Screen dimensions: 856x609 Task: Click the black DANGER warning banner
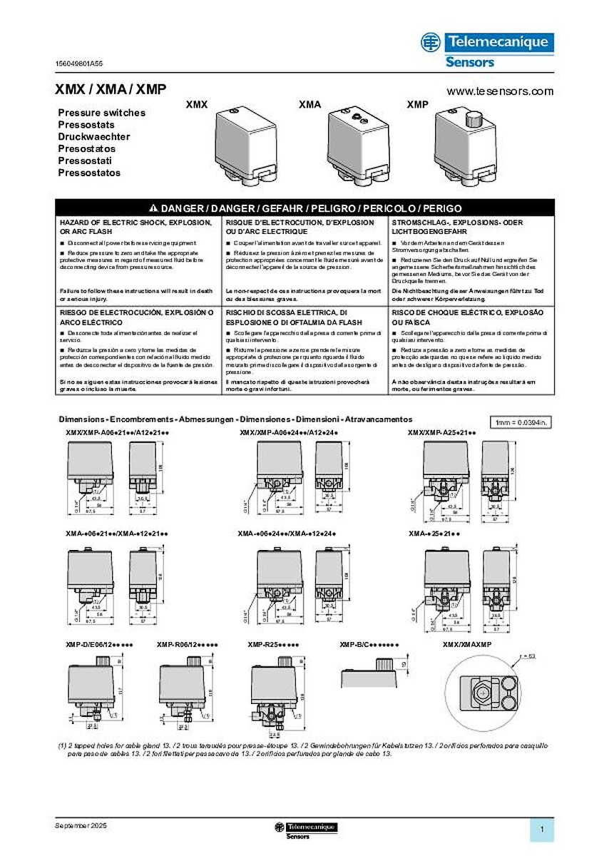(304, 208)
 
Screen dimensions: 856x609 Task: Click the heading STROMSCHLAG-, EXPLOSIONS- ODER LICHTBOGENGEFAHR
(456, 228)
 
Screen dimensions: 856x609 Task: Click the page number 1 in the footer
(543, 829)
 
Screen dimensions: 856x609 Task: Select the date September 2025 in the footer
(83, 825)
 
